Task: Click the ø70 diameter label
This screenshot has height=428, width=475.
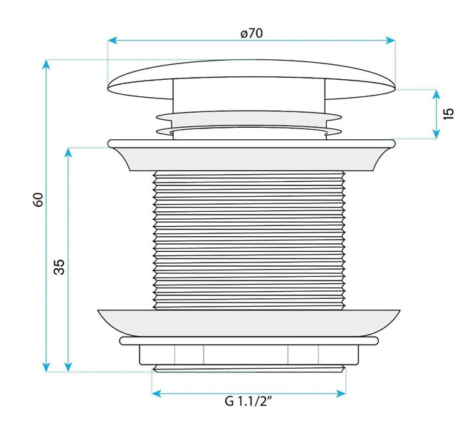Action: pos(251,33)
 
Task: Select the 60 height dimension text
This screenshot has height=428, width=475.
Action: pos(38,200)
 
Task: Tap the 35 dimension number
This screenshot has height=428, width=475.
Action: pos(59,267)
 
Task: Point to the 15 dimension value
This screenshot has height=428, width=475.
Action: pos(449,113)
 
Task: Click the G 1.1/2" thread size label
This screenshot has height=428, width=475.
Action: pos(248,402)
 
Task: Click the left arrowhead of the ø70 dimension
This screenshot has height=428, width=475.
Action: pos(113,40)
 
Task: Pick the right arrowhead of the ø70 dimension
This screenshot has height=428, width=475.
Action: pos(391,40)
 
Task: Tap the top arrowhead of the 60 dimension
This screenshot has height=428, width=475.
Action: pos(46,64)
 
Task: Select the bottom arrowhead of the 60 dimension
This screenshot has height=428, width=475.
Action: pos(46,367)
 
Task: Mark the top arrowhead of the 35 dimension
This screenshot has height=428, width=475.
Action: pos(68,153)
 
